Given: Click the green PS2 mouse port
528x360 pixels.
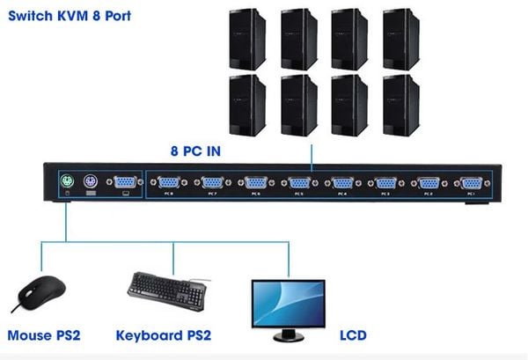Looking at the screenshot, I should (x=67, y=182).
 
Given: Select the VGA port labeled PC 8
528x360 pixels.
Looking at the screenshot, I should (x=170, y=183).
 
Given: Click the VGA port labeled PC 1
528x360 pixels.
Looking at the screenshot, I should (x=472, y=183).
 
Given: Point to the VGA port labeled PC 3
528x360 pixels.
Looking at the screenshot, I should (x=385, y=183).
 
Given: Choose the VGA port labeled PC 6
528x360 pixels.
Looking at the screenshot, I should (x=256, y=183).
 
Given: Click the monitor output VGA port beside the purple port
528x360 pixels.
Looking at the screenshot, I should (x=125, y=182).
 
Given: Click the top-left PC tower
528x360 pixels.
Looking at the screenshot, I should (x=246, y=39).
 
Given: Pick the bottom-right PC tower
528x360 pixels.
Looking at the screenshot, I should (x=401, y=104).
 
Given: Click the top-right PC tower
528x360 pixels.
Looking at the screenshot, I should (x=401, y=39).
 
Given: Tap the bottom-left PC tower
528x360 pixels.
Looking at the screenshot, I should (x=246, y=104).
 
